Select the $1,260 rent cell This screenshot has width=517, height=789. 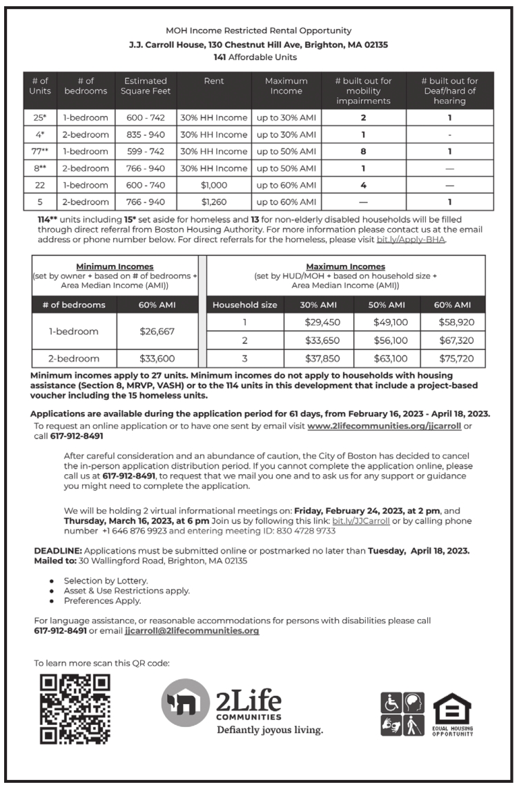[x=214, y=202]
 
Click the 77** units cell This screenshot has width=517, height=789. [x=39, y=152]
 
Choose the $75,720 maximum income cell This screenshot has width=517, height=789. [x=451, y=358]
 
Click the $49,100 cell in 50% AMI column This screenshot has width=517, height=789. [x=384, y=322]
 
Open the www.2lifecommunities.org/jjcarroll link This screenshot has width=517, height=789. [x=384, y=426]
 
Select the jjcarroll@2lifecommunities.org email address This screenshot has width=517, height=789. [x=192, y=631]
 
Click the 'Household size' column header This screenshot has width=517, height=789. [x=244, y=304]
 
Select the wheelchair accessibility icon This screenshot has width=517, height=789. [x=391, y=703]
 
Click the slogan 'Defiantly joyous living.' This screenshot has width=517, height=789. [x=270, y=730]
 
